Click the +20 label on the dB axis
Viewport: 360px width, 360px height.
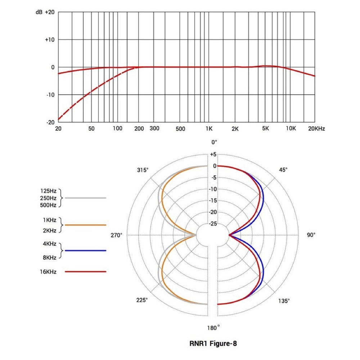(50, 12)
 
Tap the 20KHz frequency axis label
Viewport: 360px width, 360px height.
(316, 129)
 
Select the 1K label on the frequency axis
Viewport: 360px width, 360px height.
(209, 129)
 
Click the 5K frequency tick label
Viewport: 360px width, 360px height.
(266, 129)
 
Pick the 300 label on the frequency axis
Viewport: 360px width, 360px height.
(154, 129)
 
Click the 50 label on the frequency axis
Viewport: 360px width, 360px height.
(91, 129)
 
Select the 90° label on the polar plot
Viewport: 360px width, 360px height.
(311, 235)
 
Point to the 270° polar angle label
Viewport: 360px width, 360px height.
(116, 235)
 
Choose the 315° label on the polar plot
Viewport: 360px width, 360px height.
(143, 170)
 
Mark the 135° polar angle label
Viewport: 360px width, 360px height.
(284, 301)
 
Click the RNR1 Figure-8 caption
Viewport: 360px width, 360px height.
(213, 343)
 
